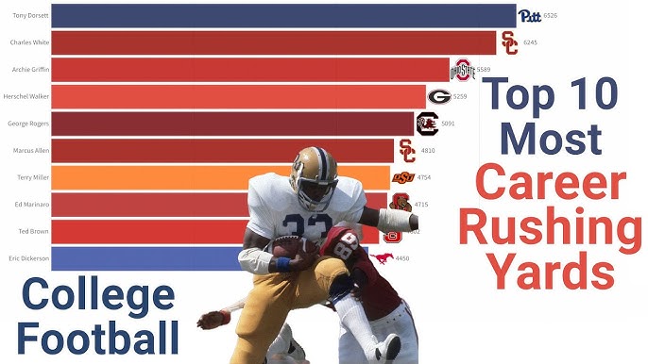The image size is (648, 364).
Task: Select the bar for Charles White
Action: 273,42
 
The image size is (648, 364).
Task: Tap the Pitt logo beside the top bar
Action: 530,16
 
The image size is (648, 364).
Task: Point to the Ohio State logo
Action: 461,69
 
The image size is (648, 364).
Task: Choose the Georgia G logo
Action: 439,96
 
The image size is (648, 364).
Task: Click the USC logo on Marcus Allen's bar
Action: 407,150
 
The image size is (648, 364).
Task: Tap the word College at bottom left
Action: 97,295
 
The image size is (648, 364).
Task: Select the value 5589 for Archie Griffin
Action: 484,70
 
